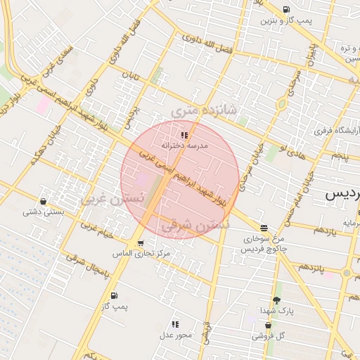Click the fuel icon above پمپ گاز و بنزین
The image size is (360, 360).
coord(286,9)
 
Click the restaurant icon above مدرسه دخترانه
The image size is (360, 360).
coord(184,134)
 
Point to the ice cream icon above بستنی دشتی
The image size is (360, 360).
coord(44,201)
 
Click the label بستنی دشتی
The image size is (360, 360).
coord(44,212)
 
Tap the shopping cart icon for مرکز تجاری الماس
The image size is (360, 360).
coord(141,243)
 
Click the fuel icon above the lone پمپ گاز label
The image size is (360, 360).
coord(114,296)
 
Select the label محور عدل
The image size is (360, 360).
coord(174,335)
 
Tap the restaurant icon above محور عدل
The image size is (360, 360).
coord(174,324)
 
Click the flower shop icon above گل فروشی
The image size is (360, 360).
coord(269,325)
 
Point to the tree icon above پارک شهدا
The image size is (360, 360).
coord(276,300)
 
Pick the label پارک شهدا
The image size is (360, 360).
coord(276,310)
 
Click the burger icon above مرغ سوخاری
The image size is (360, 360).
coord(264,228)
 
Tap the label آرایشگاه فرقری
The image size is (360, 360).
coord(335,131)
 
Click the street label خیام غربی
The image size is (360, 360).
coord(96,230)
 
